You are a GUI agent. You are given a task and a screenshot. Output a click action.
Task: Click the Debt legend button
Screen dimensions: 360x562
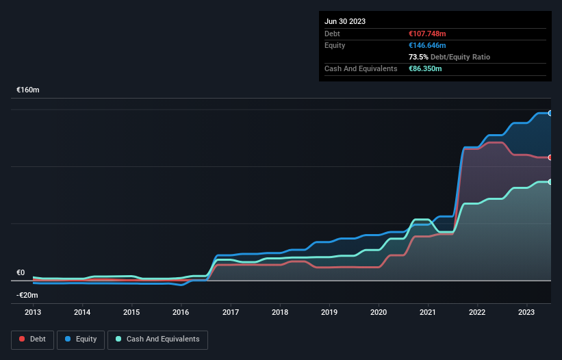pos(31,339)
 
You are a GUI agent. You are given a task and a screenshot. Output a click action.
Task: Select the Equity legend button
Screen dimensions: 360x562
pos(81,339)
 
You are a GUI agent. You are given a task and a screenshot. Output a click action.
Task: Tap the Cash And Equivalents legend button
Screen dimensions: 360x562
pos(157,339)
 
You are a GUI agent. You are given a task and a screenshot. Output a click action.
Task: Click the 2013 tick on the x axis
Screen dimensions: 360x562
pos(33,312)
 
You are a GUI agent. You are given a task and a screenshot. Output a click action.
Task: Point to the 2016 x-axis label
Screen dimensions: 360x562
pos(181,312)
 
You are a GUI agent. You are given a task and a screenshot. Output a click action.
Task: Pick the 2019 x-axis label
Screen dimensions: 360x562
pos(329,312)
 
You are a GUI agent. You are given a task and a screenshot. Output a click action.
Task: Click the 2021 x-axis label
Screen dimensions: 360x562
pos(428,312)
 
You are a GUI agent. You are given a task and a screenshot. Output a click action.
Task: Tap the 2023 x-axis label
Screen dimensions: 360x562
pos(527,312)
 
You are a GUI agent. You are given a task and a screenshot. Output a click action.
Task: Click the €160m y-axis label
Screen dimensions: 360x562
pos(28,90)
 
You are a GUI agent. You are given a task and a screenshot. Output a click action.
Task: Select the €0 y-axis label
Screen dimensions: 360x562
pos(21,272)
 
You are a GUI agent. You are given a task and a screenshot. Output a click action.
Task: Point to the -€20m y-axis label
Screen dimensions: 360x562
pos(27,295)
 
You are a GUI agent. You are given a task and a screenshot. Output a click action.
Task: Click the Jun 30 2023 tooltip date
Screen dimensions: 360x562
pos(345,21)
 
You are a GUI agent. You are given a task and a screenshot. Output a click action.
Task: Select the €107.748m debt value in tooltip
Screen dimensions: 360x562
pos(427,34)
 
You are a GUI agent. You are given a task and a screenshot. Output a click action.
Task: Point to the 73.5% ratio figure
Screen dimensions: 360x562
pos(417,57)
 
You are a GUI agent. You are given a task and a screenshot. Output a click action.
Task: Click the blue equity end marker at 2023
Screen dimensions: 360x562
pos(550,113)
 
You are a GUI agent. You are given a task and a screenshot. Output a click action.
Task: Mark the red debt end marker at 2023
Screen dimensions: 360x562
pos(550,157)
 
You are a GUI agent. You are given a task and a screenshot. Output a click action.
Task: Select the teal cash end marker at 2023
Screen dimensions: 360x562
pos(550,181)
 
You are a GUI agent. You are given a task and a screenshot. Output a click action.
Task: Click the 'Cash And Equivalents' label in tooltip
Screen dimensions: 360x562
pos(361,68)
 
